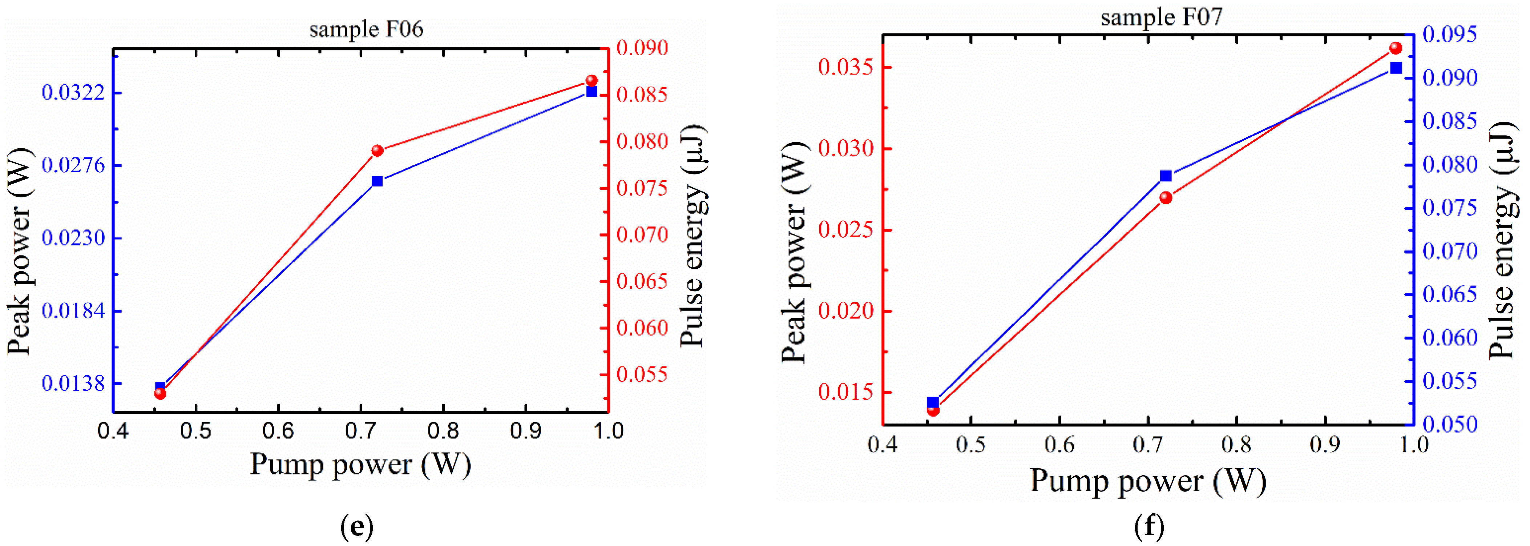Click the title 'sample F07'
point(1161,17)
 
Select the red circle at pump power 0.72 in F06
point(377,151)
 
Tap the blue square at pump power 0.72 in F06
point(377,181)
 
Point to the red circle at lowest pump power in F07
point(933,410)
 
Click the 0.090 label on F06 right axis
point(642,48)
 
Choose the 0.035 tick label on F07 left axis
point(846,67)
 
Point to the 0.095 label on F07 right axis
point(1450,35)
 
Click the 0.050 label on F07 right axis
point(1450,424)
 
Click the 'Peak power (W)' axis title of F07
point(794,253)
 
